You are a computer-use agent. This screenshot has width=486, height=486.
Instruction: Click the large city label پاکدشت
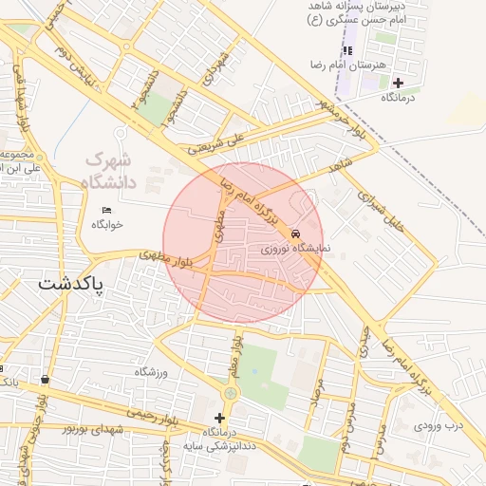[72, 284]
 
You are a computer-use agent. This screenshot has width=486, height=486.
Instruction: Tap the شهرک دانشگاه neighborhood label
[111, 169]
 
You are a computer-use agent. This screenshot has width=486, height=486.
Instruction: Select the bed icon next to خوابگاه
[106, 210]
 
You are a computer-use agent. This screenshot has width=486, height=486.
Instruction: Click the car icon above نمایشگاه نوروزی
[297, 234]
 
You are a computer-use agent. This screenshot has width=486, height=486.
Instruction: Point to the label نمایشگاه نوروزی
[296, 248]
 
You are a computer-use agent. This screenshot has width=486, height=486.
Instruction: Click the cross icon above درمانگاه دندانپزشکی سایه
[220, 417]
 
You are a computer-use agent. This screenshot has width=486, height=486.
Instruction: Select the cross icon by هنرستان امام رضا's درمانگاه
[398, 84]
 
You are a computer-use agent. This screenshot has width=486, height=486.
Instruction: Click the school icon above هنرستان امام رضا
[346, 49]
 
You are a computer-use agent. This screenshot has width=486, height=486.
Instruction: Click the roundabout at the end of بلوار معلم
[230, 393]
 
